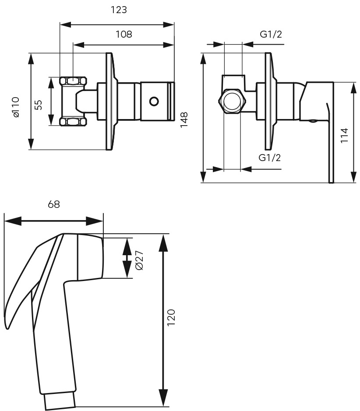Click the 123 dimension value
pos(119,10)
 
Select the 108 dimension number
pos(124,34)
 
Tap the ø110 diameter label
pos(16,107)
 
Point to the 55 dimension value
pos(38,105)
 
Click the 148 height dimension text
pos(184,120)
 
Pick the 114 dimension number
pos(344,135)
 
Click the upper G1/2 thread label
pos(271,34)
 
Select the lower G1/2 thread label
pos(269,158)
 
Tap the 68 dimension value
pos(54,204)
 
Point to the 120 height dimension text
pos(171,318)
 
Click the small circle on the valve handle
pos(154,101)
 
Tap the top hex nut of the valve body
pos(73,81)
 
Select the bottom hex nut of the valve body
pos(73,122)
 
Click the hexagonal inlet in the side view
pos(232,101)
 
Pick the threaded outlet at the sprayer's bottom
pos(60,401)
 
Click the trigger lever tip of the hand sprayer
pos(7,327)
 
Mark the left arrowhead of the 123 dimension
pos(66,25)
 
